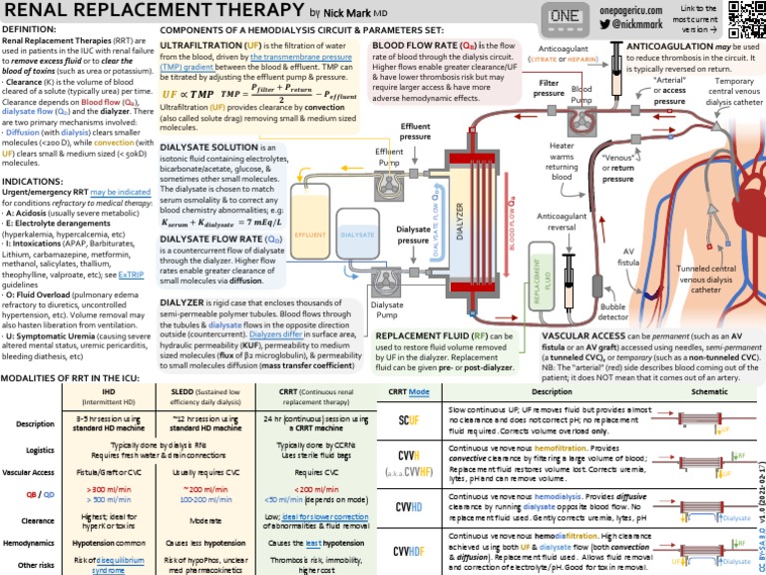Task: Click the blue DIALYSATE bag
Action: coord(357,236)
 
